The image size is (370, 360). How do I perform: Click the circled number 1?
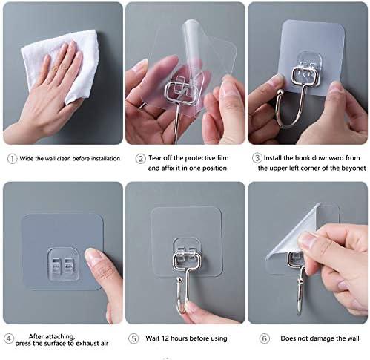pos(12,159)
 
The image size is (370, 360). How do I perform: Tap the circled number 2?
pos(140,159)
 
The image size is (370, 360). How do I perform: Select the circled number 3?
pos(257,158)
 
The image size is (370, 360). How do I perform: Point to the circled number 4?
pos(9,338)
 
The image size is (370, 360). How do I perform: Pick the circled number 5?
pos(133,338)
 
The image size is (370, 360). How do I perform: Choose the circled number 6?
pos(264,338)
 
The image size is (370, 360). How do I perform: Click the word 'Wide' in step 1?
pos(26,158)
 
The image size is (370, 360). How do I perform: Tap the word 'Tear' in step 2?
pos(155,158)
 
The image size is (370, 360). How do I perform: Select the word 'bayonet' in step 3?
pos(354,168)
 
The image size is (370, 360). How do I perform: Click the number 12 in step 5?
pos(165,338)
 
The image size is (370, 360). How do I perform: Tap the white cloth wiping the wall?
pos(62,62)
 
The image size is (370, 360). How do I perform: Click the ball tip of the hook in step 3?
pos(280,93)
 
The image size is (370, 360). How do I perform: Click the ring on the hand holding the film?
pos(142,105)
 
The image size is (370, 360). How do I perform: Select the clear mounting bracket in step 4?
pos(64,265)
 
